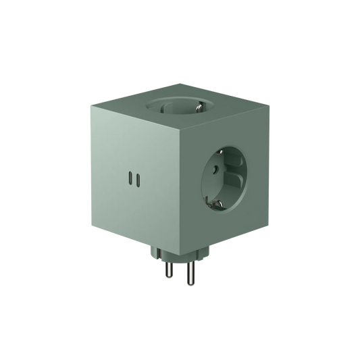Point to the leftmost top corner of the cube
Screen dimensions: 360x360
tap(89, 105)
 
